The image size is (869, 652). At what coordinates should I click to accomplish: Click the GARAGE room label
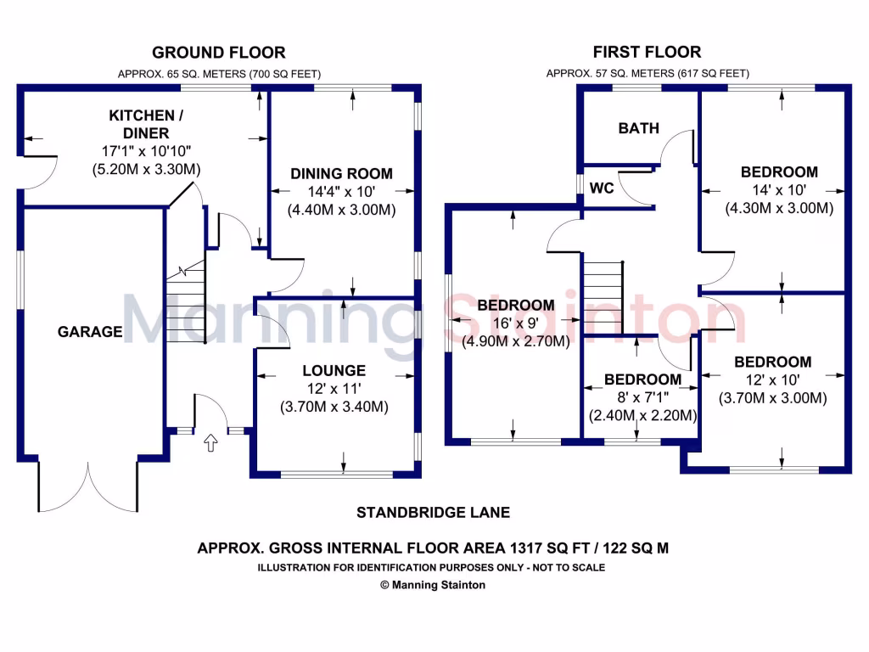coord(90,332)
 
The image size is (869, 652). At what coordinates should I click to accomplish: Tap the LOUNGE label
coord(334,370)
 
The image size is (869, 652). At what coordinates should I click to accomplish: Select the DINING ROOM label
coord(341,173)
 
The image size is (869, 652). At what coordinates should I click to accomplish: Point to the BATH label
coord(638,128)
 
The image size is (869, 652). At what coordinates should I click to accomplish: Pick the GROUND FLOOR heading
coord(218,53)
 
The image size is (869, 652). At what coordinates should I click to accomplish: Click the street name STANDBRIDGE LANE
coord(433,512)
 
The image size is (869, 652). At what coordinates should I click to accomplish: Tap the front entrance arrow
coord(210,441)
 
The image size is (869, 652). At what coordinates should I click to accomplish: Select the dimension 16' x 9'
coord(515,323)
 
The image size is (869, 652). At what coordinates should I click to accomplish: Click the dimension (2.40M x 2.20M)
coord(642,416)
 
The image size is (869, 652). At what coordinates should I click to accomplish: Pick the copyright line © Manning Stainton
coord(433,585)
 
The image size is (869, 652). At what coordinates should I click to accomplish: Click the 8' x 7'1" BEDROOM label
coord(642,379)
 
